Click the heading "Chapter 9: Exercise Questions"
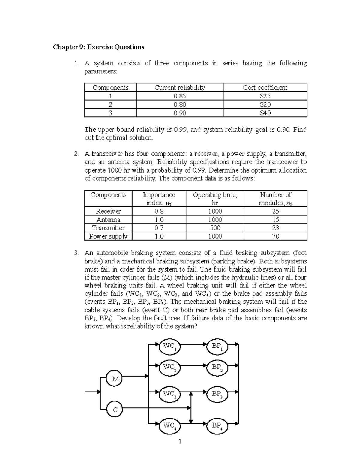point(98,47)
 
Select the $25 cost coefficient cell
point(265,96)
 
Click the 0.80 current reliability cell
point(180,104)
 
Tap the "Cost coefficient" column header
point(265,88)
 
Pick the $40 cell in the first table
point(265,113)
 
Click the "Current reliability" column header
point(180,88)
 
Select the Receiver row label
point(108,211)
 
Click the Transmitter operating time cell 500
point(215,228)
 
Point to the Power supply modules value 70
point(276,236)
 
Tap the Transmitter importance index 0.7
point(159,228)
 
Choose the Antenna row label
point(108,220)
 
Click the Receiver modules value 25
point(276,211)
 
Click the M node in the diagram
point(115,379)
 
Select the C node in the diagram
point(115,410)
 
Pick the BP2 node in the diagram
point(217,368)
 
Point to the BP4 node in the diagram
point(217,426)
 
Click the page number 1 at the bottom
point(180,441)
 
